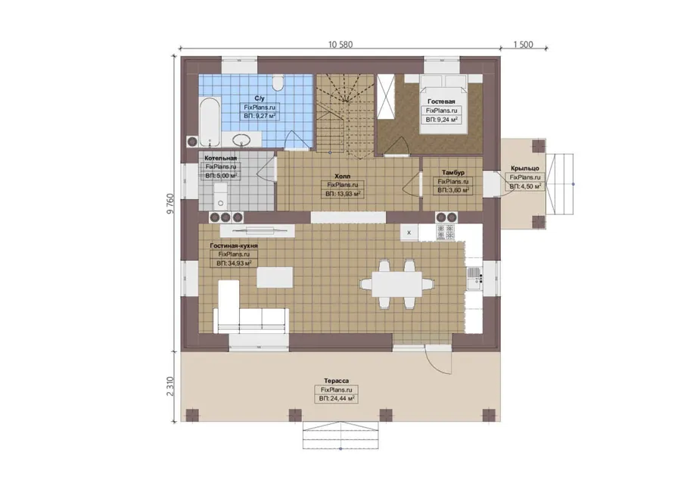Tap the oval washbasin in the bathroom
point(241,140)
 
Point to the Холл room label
point(342,176)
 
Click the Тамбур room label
point(453,173)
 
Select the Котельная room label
point(221,158)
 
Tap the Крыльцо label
point(525,168)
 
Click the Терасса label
point(336,381)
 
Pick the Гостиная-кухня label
point(234,245)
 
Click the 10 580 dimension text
point(340,45)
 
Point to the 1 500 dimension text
point(523,45)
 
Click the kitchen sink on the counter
point(474,278)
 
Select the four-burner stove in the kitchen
point(446,232)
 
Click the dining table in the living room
point(397,284)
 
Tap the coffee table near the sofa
point(275,277)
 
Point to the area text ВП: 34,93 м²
point(234,264)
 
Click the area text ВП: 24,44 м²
point(336,398)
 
